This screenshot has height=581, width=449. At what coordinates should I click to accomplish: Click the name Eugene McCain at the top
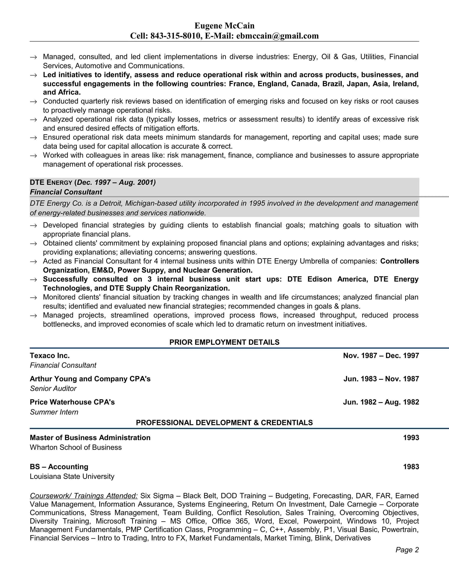click(224, 26)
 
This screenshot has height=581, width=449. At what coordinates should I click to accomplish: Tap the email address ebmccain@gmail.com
click(277, 36)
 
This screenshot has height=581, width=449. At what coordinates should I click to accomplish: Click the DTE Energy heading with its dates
click(93, 182)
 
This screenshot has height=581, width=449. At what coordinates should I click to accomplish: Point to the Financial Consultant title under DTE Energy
click(66, 192)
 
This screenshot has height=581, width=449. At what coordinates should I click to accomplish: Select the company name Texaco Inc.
click(50, 356)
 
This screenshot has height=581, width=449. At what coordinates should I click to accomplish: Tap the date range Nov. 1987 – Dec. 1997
click(381, 356)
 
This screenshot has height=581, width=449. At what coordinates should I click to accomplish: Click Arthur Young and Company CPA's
click(90, 379)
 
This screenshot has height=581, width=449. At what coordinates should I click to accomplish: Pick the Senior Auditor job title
click(53, 389)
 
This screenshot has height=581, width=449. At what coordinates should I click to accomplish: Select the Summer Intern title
click(54, 412)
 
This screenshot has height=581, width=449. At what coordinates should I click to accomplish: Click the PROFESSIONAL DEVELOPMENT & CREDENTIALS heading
click(224, 423)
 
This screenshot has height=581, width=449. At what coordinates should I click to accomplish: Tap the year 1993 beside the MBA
click(411, 438)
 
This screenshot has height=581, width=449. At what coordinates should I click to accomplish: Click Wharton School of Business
click(76, 447)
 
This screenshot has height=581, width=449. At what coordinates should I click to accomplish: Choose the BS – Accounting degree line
click(59, 467)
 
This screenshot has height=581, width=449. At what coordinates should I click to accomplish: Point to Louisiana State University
click(72, 476)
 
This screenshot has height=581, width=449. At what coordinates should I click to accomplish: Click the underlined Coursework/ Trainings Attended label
click(84, 496)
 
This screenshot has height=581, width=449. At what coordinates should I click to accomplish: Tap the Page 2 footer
click(407, 550)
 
